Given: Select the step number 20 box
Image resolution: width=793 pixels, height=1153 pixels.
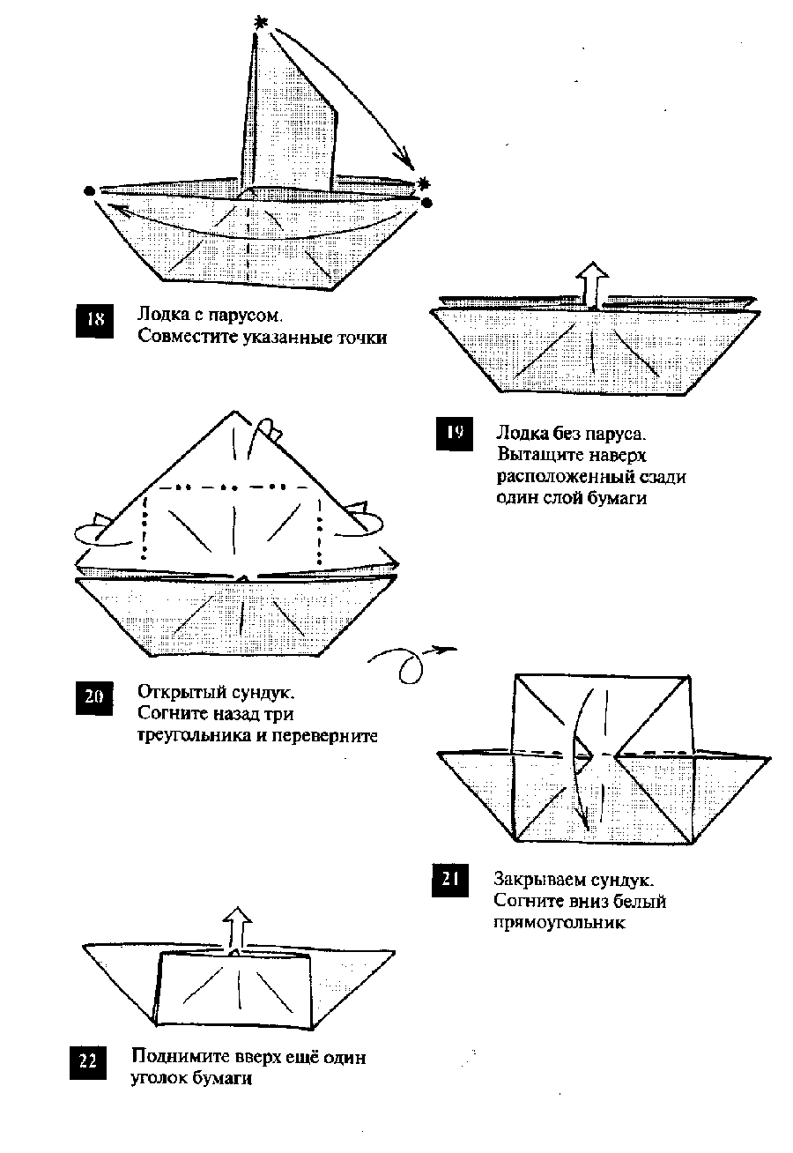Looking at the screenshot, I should tap(93, 698).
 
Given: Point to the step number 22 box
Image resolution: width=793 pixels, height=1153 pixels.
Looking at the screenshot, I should tap(87, 1060).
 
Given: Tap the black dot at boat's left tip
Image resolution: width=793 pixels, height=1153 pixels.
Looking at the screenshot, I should tap(89, 190).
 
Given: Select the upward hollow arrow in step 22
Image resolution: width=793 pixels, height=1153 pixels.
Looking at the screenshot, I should tap(235, 929).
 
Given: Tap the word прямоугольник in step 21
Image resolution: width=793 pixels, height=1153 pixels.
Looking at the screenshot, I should tap(560, 923).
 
